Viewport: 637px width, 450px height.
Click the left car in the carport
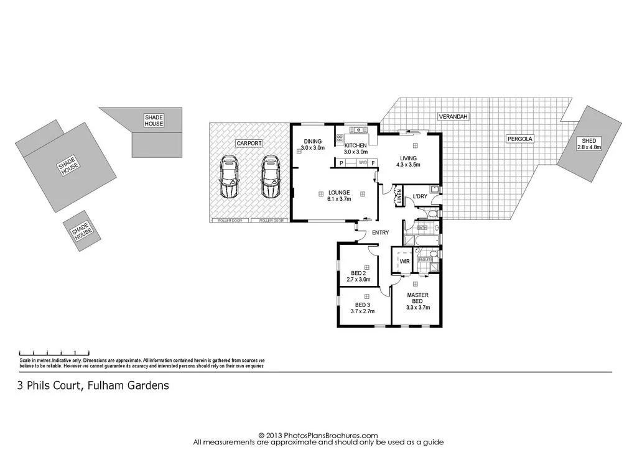click(230, 177)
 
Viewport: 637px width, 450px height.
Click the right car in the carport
click(271, 177)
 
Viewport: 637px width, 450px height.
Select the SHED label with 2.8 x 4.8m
click(589, 144)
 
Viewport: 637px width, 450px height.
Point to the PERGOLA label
click(519, 139)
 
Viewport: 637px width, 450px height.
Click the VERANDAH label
click(453, 117)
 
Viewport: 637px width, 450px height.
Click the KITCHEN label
click(356, 148)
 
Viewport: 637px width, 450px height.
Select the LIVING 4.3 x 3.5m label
click(409, 162)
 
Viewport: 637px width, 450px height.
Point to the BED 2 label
click(358, 277)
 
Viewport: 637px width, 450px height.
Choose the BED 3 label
click(362, 308)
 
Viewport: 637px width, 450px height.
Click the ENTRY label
click(380, 233)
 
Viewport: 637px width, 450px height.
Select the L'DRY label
click(421, 198)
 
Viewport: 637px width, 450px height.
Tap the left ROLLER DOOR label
click(231, 221)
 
